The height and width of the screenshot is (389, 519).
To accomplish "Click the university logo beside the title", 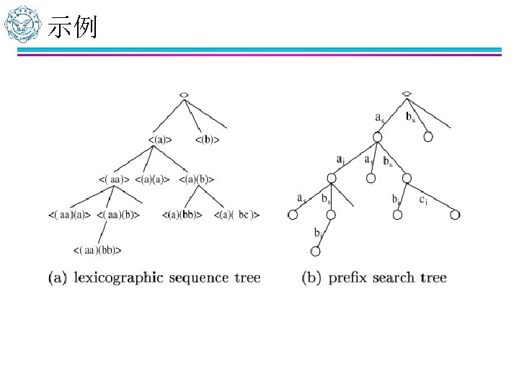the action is [22, 27].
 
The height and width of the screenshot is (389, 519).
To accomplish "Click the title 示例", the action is [72, 29].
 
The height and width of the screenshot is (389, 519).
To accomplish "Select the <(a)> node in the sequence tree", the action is [159, 139].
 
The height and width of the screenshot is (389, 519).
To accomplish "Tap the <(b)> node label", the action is [208, 139].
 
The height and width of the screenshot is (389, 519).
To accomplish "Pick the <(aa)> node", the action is [113, 178].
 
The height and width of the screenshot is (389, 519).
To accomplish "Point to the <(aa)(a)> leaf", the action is [70, 214].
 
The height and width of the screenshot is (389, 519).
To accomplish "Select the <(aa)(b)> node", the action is [118, 214].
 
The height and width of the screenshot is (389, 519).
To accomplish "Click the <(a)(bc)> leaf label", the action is [236, 214].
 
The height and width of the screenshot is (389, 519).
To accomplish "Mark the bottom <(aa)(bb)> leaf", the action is [97, 250].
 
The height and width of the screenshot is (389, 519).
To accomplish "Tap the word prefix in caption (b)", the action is [348, 278].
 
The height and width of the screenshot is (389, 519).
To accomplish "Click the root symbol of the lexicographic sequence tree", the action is [185, 94].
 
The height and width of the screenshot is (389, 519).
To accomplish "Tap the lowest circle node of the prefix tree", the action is [314, 251].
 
